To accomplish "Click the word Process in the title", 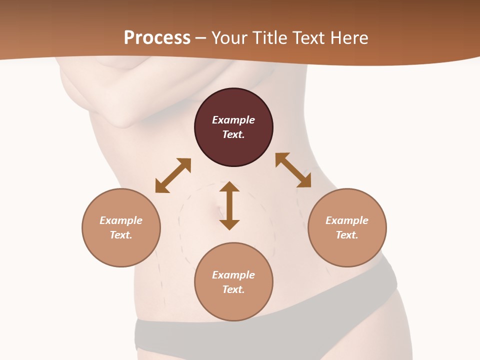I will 157,38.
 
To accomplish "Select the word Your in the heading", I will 229,38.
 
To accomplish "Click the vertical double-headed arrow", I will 229,205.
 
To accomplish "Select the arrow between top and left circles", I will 173,175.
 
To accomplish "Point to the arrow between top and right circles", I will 293,170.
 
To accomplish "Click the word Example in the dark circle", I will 233,120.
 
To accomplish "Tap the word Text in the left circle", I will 121,235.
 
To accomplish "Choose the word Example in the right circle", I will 347,220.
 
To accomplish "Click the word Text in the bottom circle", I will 233,289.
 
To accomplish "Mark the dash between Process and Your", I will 200,38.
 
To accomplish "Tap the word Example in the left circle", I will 121,220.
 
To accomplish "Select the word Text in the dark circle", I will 233,134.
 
